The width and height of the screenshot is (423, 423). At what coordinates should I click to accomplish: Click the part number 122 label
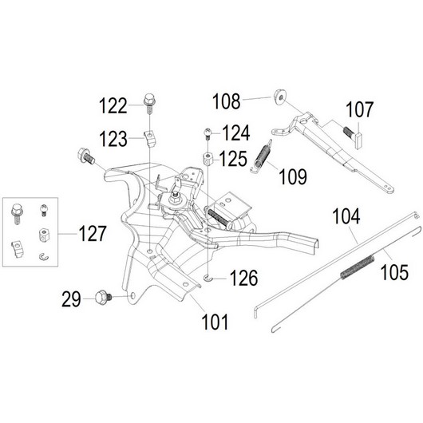coord(113,105)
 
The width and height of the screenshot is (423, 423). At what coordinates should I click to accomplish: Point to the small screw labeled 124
coord(207,134)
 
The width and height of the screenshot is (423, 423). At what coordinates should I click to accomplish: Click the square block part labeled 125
coord(208,159)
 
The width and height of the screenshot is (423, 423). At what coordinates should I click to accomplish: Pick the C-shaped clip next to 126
coord(208,277)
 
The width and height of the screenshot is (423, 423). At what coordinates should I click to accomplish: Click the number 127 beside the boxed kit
coord(93,234)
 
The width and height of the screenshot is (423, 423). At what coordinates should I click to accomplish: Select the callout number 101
coord(215,322)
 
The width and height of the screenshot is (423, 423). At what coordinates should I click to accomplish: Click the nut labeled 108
coord(279,97)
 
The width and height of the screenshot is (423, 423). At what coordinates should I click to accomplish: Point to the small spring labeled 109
coord(261,157)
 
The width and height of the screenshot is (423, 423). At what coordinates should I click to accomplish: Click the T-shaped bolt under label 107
coord(353,136)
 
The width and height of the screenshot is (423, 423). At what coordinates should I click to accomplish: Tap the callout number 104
coord(346,216)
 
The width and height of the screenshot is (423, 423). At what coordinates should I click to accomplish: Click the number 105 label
coord(394,272)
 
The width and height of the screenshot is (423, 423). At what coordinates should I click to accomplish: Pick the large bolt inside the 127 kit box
coord(17,214)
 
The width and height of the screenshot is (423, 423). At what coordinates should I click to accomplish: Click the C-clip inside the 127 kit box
coord(44,257)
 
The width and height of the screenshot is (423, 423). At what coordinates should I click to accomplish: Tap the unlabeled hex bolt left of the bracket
coord(85,156)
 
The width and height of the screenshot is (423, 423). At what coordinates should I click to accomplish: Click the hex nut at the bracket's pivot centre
coord(176,200)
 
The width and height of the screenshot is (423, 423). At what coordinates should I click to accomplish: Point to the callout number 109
coord(293,176)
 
